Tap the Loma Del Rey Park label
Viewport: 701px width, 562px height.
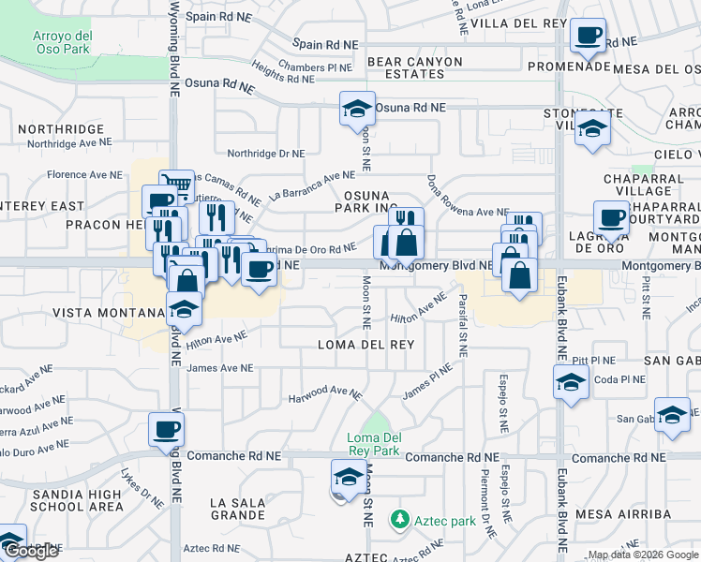374,444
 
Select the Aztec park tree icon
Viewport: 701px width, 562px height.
399,518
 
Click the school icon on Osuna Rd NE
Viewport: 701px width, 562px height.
357,110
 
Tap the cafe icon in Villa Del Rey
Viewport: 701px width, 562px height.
588,36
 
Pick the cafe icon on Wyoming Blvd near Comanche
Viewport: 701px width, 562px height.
166,430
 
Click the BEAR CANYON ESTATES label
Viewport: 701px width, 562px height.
414,68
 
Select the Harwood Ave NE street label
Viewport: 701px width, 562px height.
324,392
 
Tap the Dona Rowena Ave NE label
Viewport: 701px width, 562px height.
465,197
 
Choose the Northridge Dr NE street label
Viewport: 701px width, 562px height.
265,154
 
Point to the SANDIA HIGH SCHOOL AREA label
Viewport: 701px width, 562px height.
78,500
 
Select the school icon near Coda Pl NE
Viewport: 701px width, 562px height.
570,381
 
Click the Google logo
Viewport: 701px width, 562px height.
31,551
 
